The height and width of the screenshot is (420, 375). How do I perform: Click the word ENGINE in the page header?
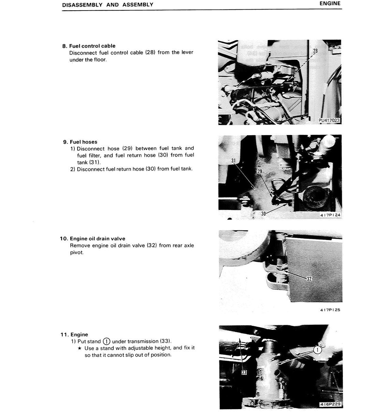(x=330, y=3)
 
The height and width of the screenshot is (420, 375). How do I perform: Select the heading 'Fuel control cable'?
(x=92, y=46)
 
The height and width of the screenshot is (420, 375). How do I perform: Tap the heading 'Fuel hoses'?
(x=84, y=142)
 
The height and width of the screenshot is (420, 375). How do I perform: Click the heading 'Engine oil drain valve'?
(x=97, y=239)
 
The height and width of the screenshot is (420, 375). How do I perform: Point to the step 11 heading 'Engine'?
(x=79, y=334)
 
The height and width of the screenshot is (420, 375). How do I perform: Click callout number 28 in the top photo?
(x=315, y=51)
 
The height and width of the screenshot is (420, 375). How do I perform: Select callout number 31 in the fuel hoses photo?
(x=234, y=161)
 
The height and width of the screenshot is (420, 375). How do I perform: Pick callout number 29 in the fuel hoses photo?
(x=260, y=171)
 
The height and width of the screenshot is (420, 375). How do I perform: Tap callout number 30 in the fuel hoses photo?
(x=263, y=213)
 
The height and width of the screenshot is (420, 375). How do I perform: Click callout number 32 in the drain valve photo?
(x=309, y=279)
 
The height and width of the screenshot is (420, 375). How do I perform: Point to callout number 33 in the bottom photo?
(x=244, y=373)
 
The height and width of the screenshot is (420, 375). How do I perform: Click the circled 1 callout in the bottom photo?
(x=317, y=350)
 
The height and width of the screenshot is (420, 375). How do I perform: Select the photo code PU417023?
(x=329, y=120)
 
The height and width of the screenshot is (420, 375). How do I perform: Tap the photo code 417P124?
(x=330, y=215)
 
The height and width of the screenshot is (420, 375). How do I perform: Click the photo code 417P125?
(x=330, y=310)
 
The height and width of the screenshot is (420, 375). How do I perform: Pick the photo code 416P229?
(x=330, y=404)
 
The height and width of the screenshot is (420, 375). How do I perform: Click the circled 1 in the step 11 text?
(x=106, y=341)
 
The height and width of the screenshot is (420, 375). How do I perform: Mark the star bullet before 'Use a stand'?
(x=79, y=348)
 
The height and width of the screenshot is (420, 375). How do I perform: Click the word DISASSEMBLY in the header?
(x=82, y=5)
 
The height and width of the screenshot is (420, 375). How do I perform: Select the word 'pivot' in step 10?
(x=76, y=253)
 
